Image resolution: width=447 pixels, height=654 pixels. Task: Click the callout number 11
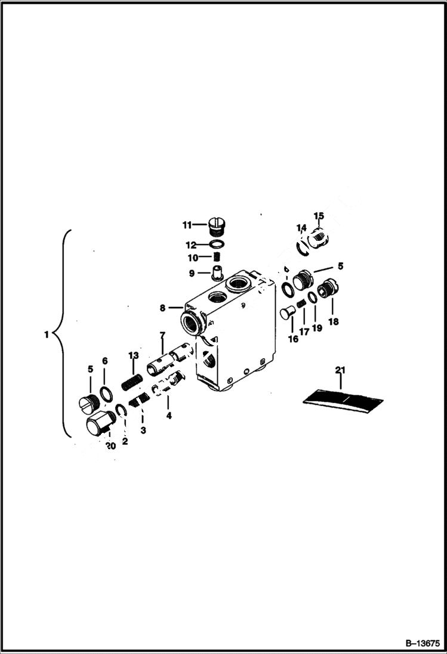pos(187,225)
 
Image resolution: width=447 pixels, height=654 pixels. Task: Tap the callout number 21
pos(340,371)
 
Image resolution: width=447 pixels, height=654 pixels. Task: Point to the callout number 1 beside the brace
pos(46,335)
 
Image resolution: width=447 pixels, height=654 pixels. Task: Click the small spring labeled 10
pos(218,258)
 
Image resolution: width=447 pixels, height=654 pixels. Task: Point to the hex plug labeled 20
pos(99,426)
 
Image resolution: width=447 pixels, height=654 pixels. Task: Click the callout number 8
pos(162,308)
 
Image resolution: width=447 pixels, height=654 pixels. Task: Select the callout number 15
pos(318,216)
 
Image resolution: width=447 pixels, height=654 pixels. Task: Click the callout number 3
pos(142,429)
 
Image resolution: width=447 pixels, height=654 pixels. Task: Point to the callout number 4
pos(169,416)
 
